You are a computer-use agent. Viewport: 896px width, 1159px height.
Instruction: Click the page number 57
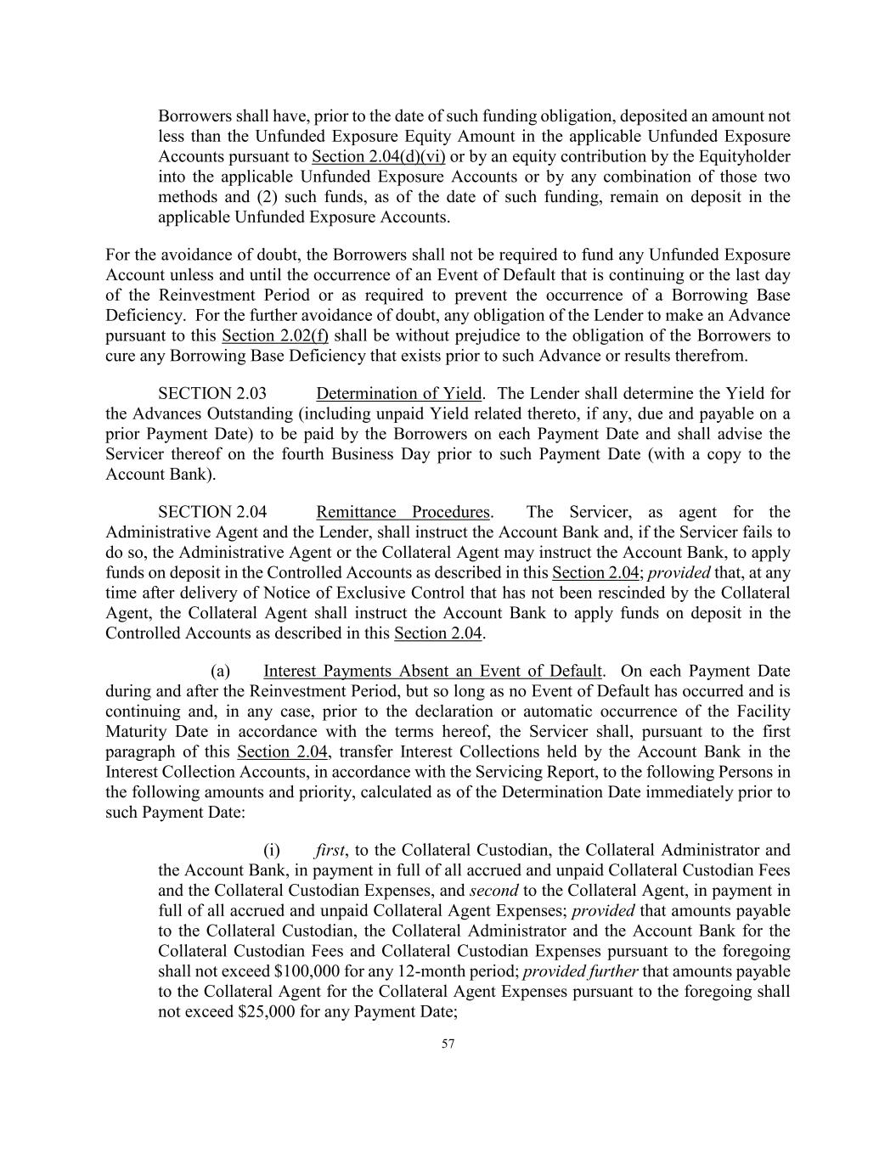(x=448, y=1044)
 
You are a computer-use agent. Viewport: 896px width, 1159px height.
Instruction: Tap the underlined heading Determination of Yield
(x=398, y=394)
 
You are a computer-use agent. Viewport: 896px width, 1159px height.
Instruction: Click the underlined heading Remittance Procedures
(x=403, y=512)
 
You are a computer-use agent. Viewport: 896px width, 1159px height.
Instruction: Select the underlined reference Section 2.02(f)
(x=274, y=335)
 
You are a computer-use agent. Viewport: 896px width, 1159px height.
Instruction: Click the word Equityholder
(x=744, y=156)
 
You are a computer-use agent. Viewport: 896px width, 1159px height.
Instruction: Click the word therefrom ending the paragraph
(x=715, y=356)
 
